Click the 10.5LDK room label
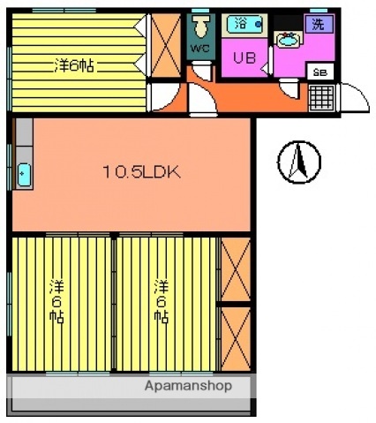click(x=141, y=172)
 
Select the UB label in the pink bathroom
click(x=244, y=57)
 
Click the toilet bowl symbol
click(x=201, y=26)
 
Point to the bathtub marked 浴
click(x=244, y=25)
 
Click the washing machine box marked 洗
click(x=319, y=24)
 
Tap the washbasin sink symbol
click(x=289, y=39)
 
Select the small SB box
click(x=320, y=72)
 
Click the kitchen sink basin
click(x=24, y=175)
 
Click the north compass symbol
click(x=299, y=162)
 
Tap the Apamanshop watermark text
click(x=188, y=386)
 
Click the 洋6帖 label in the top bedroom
click(x=74, y=65)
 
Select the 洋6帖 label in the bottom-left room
click(x=56, y=301)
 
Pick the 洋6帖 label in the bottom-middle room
click(x=162, y=301)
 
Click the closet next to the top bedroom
click(x=166, y=46)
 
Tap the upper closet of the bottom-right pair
click(x=236, y=269)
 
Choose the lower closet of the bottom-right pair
click(x=236, y=339)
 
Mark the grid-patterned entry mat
click(x=322, y=98)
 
